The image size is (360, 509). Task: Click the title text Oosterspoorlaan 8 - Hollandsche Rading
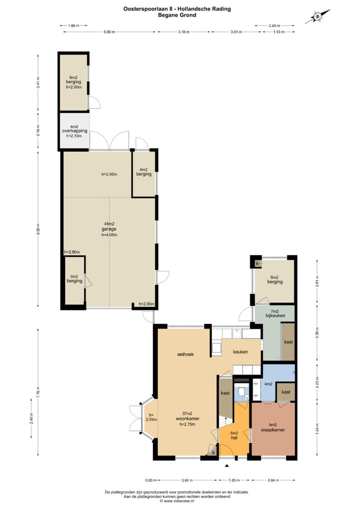(x=177, y=8)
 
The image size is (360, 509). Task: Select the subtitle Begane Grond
(x=177, y=15)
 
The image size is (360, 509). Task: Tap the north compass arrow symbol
(x=317, y=17)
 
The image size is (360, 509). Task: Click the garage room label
(x=109, y=229)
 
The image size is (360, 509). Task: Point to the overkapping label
(x=74, y=131)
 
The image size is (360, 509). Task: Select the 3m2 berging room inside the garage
(x=74, y=281)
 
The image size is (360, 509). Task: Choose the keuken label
(x=240, y=352)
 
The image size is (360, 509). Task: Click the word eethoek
(x=184, y=354)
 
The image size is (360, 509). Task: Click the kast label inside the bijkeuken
(x=288, y=342)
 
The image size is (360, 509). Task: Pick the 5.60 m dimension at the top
(x=109, y=31)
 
